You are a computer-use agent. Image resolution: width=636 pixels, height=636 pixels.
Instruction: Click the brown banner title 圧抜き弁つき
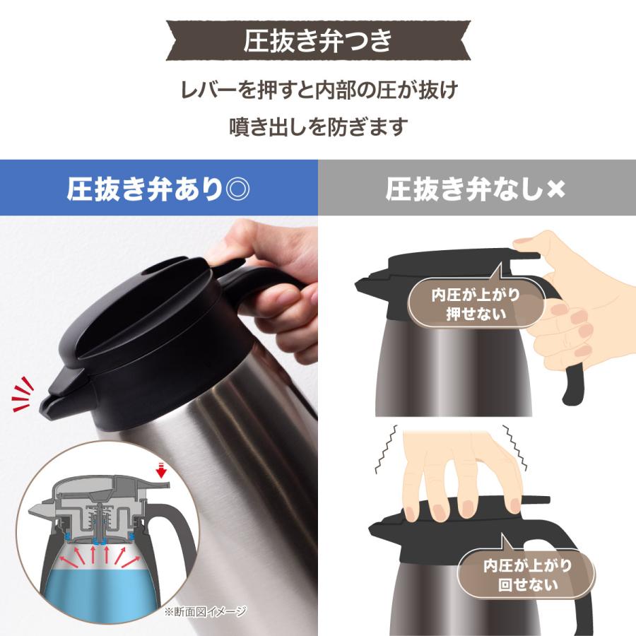317,41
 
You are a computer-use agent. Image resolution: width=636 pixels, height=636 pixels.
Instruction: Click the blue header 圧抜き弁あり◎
158,189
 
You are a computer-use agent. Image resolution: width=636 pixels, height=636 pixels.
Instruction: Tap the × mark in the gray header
556,190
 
